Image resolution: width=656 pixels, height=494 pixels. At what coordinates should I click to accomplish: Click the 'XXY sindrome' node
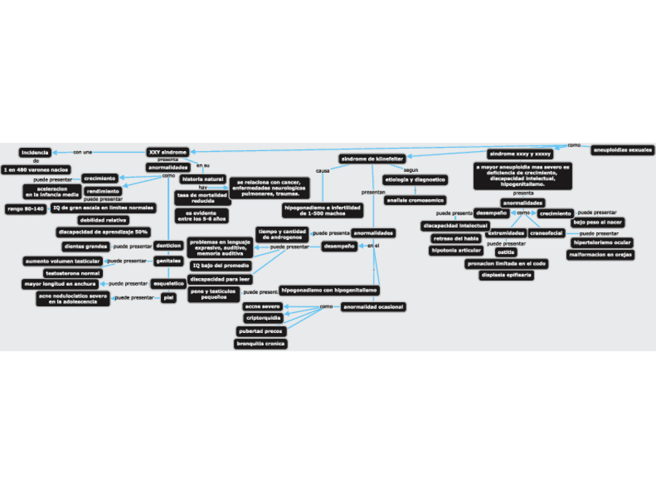coord(167,152)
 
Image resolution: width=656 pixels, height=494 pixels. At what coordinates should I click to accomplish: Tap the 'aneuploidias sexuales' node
coord(622,149)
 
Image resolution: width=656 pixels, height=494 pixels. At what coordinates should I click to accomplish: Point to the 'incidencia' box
coord(36,153)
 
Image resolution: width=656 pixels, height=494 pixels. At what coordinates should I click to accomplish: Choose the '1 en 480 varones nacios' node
coord(36,169)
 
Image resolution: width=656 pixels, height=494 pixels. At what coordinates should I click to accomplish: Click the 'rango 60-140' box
coord(26,208)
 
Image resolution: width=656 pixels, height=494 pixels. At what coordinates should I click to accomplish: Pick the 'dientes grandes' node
coord(85,246)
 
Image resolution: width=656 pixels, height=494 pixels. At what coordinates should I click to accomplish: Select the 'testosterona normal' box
coord(73,273)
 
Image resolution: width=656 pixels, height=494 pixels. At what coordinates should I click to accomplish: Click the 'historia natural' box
coord(203,179)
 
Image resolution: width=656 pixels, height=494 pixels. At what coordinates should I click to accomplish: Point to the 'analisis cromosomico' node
coord(415,200)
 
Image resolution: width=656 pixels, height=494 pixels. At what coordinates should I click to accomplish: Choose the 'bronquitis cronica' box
coord(261,343)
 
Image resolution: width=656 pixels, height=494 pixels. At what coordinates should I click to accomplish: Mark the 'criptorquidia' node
coord(263,318)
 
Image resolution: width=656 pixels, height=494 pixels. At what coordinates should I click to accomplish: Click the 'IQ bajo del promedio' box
coord(220,266)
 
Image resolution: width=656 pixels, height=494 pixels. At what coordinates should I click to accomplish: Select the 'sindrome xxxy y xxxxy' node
coord(520,154)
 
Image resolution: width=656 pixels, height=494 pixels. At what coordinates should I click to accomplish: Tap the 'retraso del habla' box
coord(456,238)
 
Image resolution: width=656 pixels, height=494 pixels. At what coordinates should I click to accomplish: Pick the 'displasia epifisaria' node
coord(507,275)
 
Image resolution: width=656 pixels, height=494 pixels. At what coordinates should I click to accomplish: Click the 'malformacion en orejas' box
coord(600,255)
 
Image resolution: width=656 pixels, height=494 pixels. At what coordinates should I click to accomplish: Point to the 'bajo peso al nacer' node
coord(598,222)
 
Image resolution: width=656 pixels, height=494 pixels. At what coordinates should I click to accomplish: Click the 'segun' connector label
coord(412,170)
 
